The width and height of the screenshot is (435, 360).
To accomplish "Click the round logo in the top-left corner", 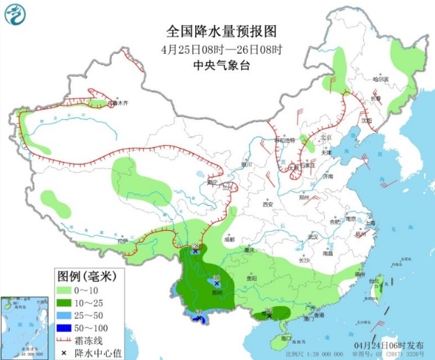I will [15, 15].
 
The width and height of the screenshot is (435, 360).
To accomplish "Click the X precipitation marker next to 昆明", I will [216, 284].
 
